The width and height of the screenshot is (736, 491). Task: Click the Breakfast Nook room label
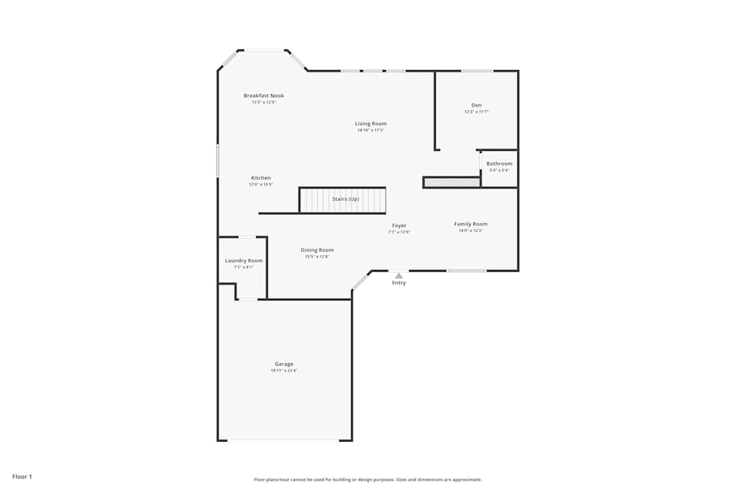[263, 96]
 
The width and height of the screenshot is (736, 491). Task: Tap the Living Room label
[371, 124]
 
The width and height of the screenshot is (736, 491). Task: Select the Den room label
[476, 105]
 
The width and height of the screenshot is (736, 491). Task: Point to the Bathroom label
[499, 163]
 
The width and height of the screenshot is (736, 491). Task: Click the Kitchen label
[261, 178]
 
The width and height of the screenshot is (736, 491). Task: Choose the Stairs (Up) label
[345, 199]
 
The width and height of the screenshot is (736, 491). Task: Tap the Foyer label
[399, 226]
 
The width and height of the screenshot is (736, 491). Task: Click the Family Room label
[470, 224]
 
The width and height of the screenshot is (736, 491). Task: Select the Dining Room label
[317, 250]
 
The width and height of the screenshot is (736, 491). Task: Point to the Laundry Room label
[244, 261]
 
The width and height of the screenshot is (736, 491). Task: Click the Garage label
[284, 364]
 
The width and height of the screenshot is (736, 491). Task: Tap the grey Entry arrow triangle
[399, 276]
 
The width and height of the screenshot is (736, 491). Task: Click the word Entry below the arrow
[399, 283]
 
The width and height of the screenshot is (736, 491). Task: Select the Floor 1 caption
[22, 476]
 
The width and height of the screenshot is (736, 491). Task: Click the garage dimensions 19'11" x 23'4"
[284, 371]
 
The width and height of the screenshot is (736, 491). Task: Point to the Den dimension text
[476, 112]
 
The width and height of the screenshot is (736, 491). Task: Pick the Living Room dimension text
[371, 130]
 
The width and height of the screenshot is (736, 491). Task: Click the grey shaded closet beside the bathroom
[452, 182]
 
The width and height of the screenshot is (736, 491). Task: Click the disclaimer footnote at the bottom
[368, 479]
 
